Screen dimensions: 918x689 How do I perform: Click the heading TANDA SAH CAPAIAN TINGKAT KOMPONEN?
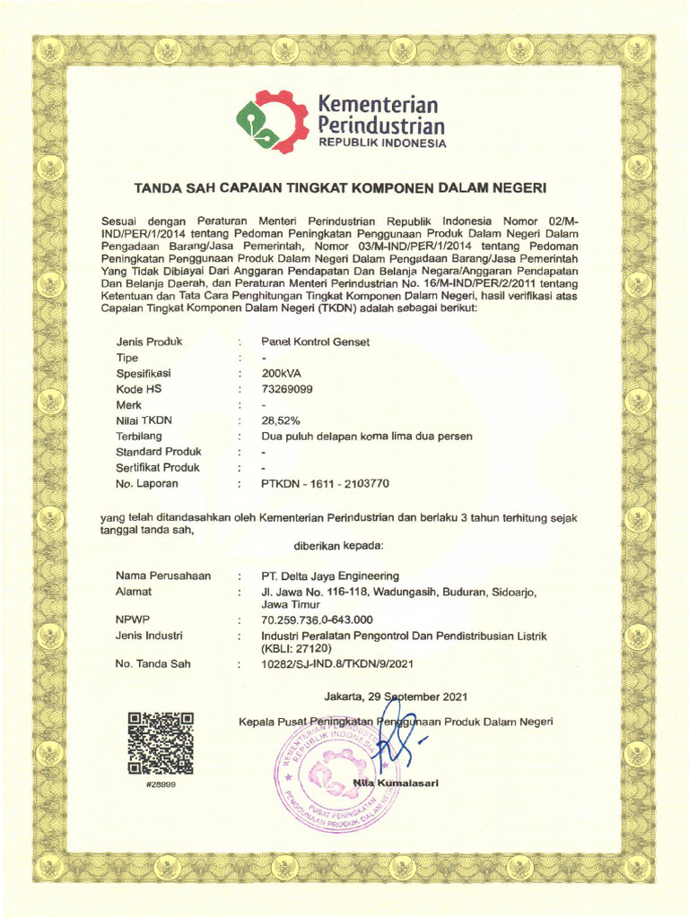click(x=340, y=188)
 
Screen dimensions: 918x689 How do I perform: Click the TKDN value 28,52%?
click(x=280, y=420)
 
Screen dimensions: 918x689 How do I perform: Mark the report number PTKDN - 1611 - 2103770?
click(x=325, y=483)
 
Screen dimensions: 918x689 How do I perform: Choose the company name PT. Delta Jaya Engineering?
click(x=330, y=576)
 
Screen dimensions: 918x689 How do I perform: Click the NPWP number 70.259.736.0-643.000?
click(x=317, y=619)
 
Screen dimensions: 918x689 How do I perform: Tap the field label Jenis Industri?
click(x=149, y=636)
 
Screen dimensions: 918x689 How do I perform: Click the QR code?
click(x=161, y=743)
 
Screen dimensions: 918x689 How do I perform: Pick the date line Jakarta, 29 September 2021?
click(x=395, y=697)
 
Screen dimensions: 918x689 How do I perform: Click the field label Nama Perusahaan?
click(x=163, y=576)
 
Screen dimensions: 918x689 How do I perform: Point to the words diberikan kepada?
click(x=338, y=545)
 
